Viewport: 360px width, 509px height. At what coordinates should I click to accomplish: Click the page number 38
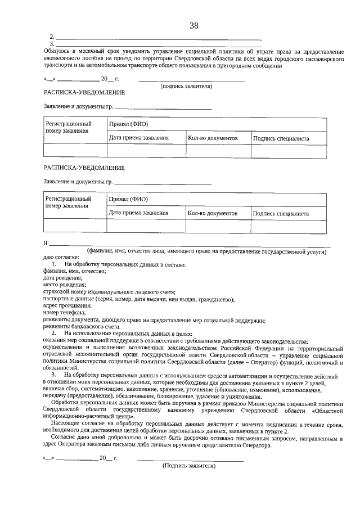pyautogui.click(x=193, y=26)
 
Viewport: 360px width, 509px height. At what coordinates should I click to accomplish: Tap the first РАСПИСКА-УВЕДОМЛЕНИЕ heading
pyautogui.click(x=84, y=92)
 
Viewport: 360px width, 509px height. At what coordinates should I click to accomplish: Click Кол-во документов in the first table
pyautogui.click(x=212, y=138)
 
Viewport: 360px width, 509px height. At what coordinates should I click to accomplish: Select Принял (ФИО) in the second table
pyautogui.click(x=128, y=199)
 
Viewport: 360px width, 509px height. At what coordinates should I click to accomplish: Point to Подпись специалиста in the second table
pyautogui.click(x=281, y=214)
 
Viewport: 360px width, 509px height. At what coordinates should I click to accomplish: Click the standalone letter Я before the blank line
pyautogui.click(x=46, y=244)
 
